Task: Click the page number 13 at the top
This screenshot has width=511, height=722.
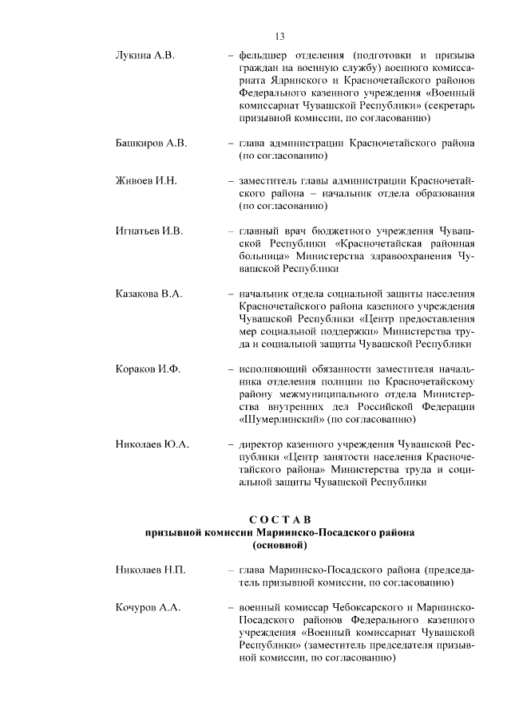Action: (x=279, y=36)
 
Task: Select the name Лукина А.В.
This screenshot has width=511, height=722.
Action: (x=145, y=56)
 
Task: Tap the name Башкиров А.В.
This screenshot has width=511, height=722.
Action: (x=152, y=144)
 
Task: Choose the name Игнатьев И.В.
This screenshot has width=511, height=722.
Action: (x=150, y=231)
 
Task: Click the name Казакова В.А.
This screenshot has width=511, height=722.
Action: (x=149, y=294)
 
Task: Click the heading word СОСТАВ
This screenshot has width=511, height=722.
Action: (x=279, y=520)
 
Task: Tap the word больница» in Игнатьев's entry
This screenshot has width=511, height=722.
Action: (x=265, y=257)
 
